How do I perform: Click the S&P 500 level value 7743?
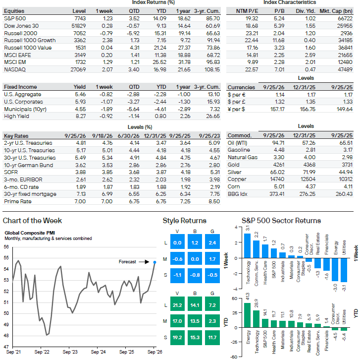80,18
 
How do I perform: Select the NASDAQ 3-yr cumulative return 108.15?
212,69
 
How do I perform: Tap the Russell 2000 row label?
20,33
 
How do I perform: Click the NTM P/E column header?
247,11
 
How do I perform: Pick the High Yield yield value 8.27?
81,116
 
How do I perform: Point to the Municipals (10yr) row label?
25,109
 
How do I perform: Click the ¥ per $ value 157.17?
277,109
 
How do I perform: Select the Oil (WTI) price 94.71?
278,143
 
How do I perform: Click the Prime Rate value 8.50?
215,201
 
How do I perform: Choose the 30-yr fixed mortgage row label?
30,194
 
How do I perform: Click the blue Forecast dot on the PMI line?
154,262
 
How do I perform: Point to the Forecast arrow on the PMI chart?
144,262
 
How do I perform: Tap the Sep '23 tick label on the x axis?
70,352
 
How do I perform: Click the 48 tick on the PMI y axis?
6,336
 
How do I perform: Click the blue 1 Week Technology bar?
247,246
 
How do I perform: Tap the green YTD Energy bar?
247,315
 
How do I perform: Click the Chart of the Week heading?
32,221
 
